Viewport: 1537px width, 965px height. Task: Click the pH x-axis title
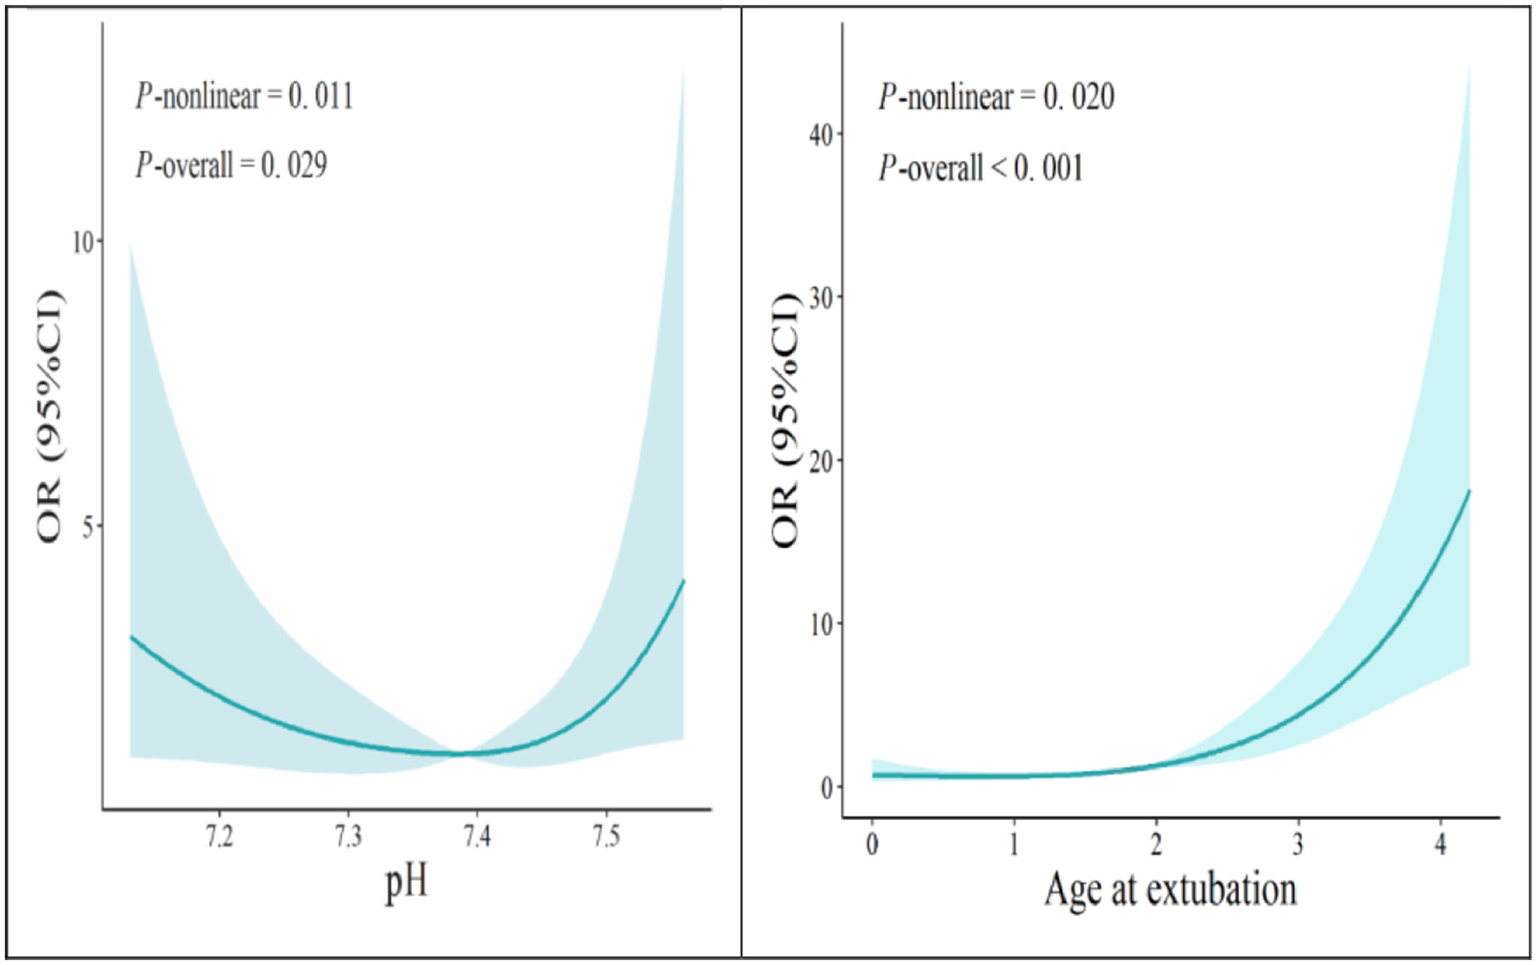click(x=406, y=885)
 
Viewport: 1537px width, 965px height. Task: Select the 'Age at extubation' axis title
click(x=1170, y=890)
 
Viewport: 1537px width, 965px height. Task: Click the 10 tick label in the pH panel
click(x=82, y=243)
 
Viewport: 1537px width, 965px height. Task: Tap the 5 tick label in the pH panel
click(x=88, y=527)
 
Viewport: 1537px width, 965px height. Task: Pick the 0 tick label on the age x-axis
click(x=872, y=845)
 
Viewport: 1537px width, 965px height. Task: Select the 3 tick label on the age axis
click(x=1298, y=845)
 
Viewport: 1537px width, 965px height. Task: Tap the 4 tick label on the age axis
click(x=1440, y=845)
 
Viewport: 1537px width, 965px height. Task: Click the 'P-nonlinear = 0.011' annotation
click(x=244, y=97)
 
